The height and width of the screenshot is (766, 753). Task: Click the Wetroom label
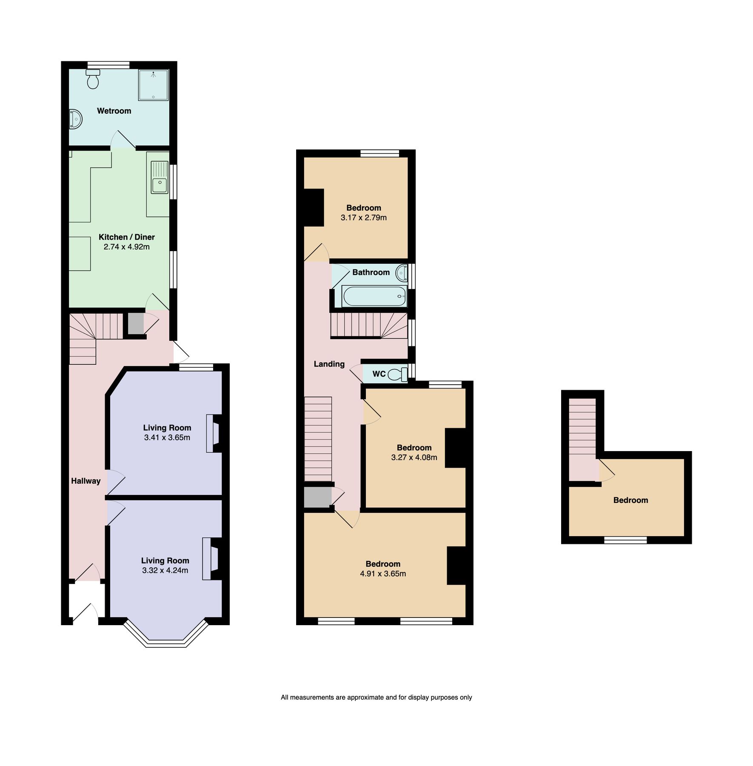(x=114, y=111)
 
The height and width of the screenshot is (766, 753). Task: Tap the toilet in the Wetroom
(x=93, y=79)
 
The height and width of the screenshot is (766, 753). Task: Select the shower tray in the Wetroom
(x=153, y=85)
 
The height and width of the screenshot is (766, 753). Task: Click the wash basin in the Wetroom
(x=75, y=119)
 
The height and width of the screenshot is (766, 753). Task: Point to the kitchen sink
(x=160, y=186)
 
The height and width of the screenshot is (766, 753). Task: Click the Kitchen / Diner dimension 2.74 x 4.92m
(x=126, y=247)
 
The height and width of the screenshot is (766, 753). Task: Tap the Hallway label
(x=86, y=481)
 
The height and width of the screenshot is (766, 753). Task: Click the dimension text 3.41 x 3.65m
(x=167, y=437)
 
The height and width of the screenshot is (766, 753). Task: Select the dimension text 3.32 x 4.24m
(x=165, y=570)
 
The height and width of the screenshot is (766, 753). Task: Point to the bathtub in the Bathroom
(x=374, y=296)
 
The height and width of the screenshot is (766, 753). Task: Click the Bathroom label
(x=371, y=272)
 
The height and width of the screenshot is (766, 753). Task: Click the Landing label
(x=329, y=364)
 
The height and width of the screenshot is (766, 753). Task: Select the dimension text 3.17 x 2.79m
(x=363, y=217)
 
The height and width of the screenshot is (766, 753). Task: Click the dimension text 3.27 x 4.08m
(x=414, y=457)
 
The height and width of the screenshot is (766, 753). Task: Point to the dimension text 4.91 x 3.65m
(x=383, y=574)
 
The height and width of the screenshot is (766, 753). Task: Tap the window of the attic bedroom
(x=625, y=540)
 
